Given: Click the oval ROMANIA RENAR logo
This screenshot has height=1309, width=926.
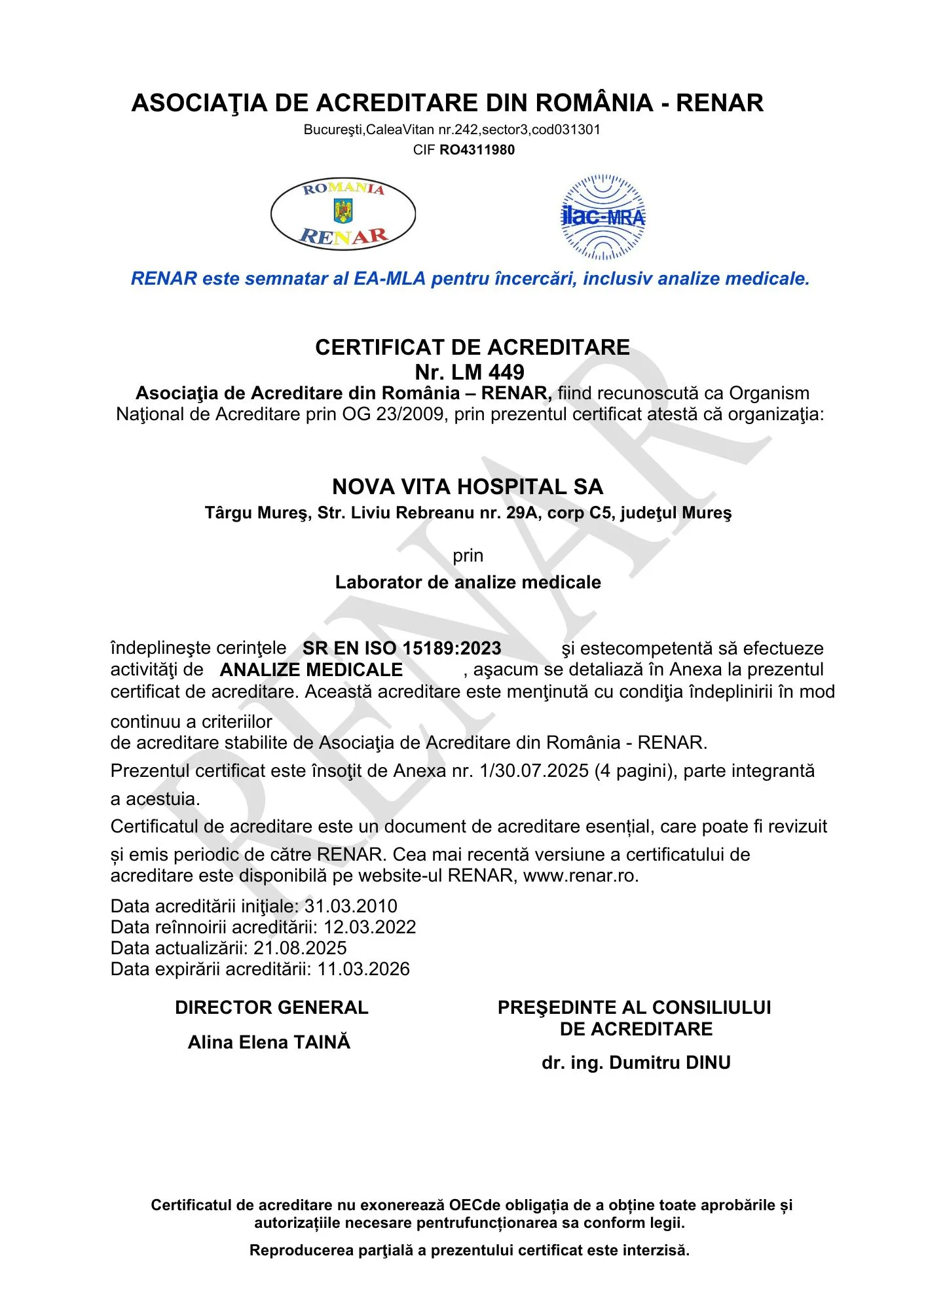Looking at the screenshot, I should point(343,214).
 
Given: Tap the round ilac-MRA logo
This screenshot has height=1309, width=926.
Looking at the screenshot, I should point(602,217).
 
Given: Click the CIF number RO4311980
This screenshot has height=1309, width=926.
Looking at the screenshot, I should point(477,150).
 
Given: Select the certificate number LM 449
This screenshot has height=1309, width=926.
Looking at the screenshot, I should point(488,372).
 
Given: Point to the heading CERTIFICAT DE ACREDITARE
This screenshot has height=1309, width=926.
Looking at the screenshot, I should point(472,347).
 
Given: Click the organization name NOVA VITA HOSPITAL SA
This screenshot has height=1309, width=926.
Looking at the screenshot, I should point(468,487).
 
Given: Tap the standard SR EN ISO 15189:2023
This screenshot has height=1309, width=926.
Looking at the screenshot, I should point(401,648).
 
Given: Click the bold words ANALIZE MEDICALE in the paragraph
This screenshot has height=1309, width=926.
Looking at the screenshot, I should point(311,670).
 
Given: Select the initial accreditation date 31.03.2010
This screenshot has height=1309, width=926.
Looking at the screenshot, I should point(351,906).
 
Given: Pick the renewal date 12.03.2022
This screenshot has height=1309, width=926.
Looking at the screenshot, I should point(370,927).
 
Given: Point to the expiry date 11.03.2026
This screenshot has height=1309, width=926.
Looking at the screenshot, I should point(364,969).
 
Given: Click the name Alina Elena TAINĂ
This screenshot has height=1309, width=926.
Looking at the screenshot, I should point(269,1042).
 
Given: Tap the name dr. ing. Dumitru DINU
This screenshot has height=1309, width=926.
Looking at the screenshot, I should point(636,1062).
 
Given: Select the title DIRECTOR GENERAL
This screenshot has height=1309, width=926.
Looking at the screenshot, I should point(272,1007).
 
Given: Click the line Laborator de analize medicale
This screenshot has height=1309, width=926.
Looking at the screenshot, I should point(468,582).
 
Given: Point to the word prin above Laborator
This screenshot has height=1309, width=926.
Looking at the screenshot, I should point(468,556).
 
